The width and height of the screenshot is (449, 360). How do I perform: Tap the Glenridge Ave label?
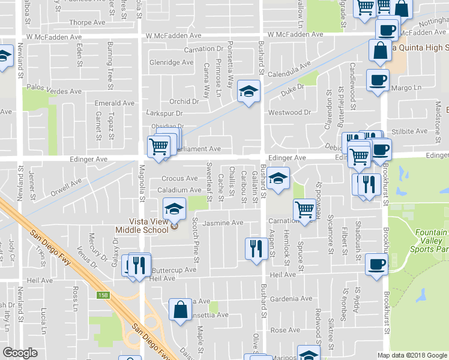tap(171, 62)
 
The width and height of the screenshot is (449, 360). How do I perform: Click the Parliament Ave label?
tap(199, 149)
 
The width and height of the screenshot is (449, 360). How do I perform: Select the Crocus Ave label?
tap(179, 179)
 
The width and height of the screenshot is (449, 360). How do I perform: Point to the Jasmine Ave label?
tap(223, 223)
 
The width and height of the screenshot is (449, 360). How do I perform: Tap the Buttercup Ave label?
tap(173, 270)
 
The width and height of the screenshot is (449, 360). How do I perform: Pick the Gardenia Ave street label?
tap(291, 298)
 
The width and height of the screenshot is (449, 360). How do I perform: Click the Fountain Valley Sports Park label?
tap(429, 240)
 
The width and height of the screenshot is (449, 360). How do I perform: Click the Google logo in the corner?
tap(20, 353)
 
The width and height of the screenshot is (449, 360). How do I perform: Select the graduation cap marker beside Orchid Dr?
tap(247, 92)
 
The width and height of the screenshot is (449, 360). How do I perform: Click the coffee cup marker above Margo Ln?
tap(378, 80)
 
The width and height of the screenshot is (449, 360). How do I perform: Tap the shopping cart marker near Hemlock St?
tap(305, 210)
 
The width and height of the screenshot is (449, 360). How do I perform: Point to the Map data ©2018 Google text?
tap(411, 355)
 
